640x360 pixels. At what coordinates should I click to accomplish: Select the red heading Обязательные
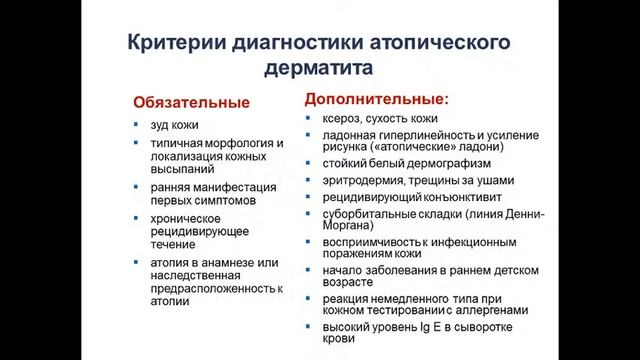click(191, 103)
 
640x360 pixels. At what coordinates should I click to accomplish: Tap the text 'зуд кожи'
click(175, 125)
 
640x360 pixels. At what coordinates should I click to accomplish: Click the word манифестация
click(234, 187)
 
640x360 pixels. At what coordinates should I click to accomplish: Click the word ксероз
click(345, 118)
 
